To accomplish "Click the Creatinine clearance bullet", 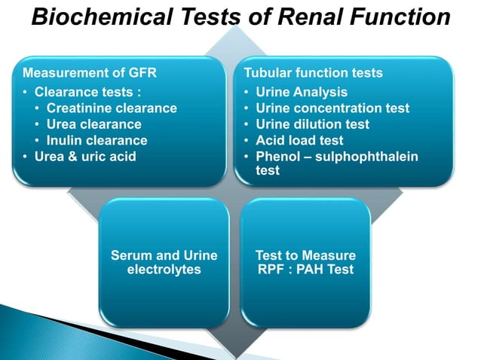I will click(112, 108).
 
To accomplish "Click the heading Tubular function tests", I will click(313, 74).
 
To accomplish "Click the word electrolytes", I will click(164, 269).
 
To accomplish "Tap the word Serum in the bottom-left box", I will click(130, 255).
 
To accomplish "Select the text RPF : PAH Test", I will click(305, 269).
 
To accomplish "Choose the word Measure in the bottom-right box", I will click(330, 255).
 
